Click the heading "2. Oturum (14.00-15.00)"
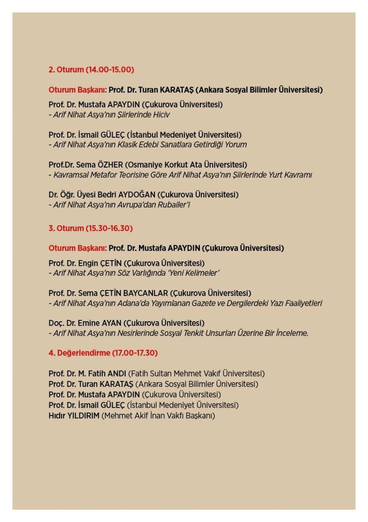[91, 69]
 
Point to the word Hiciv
[160, 115]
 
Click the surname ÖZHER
[113, 164]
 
